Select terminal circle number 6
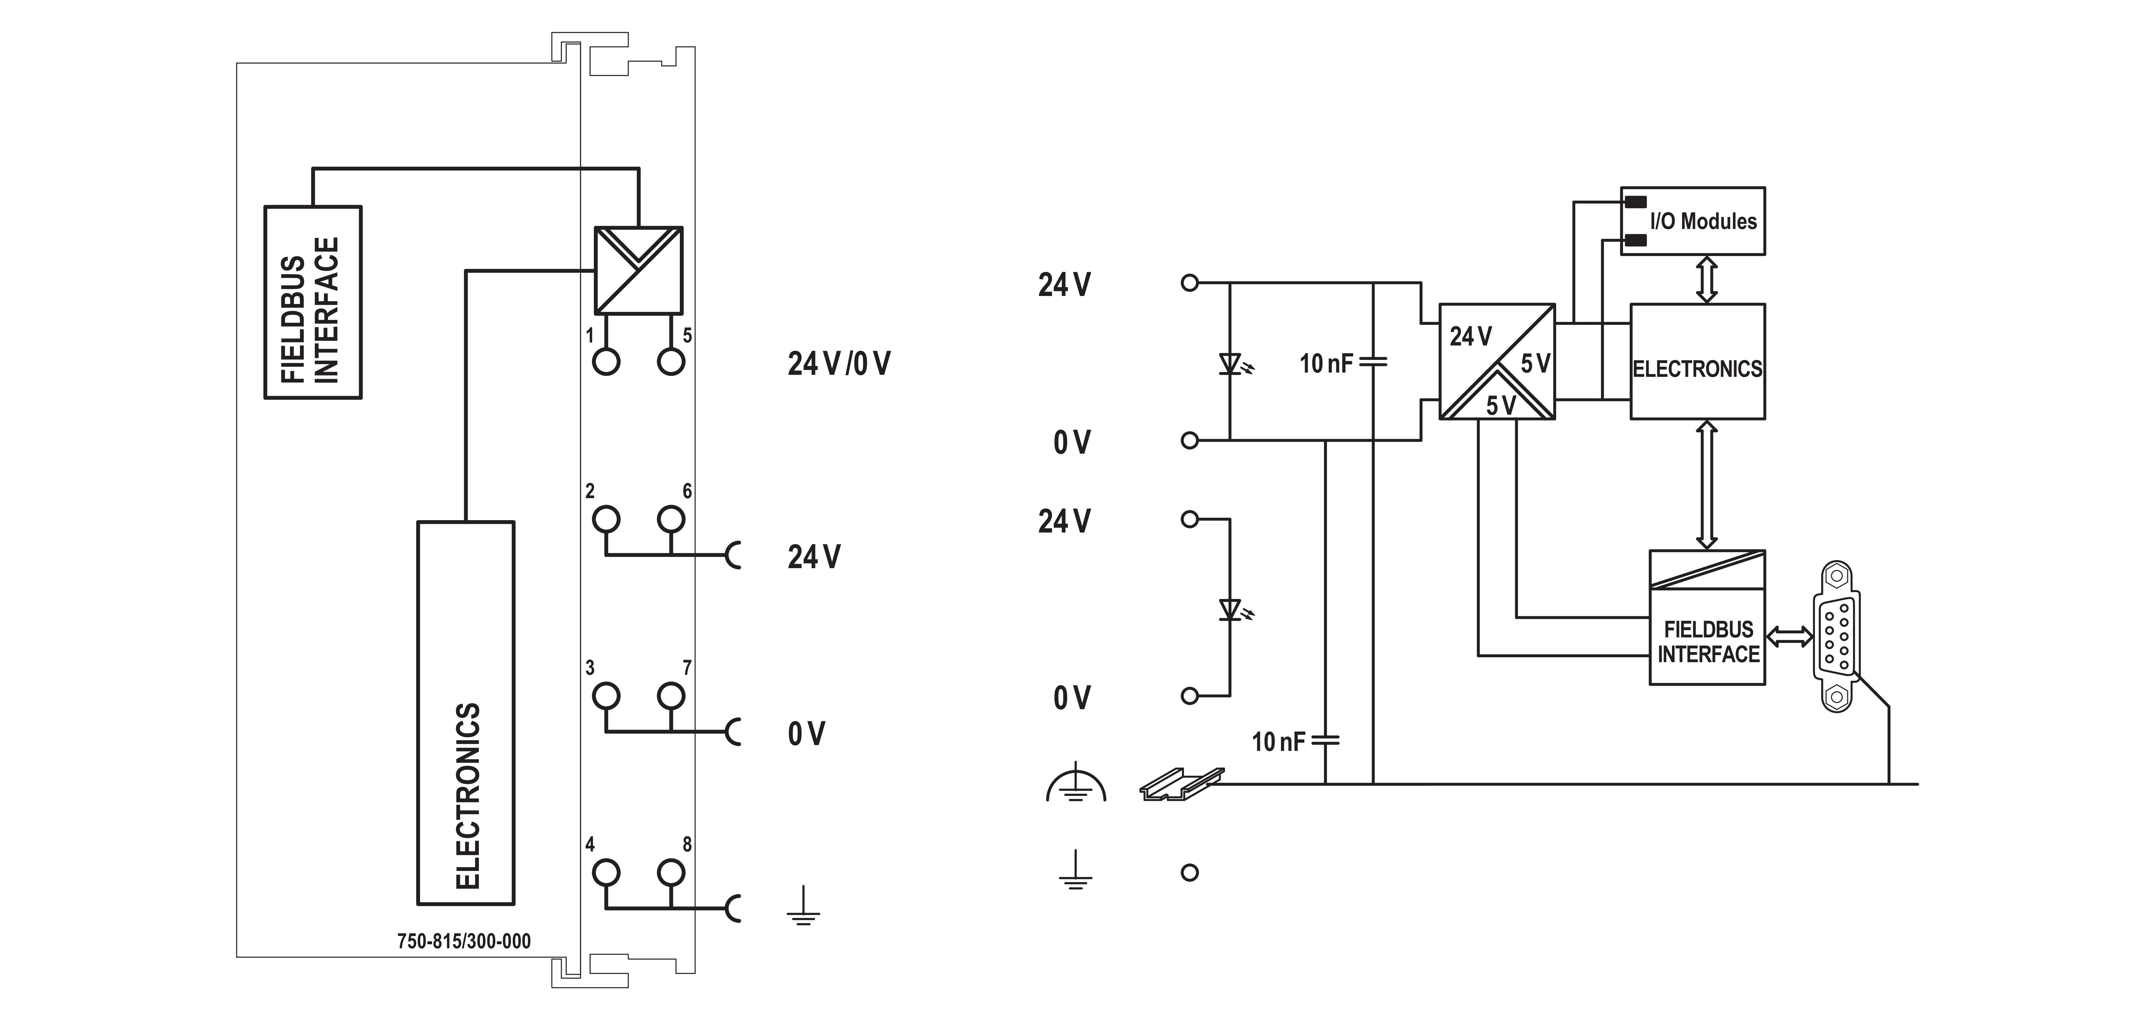coord(671,519)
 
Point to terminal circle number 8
coord(671,872)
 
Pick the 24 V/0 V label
coord(838,364)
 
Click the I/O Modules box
coord(1693,221)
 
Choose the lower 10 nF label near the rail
coord(1278,742)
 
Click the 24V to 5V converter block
coord(1497,361)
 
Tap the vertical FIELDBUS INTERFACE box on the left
coord(313,302)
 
